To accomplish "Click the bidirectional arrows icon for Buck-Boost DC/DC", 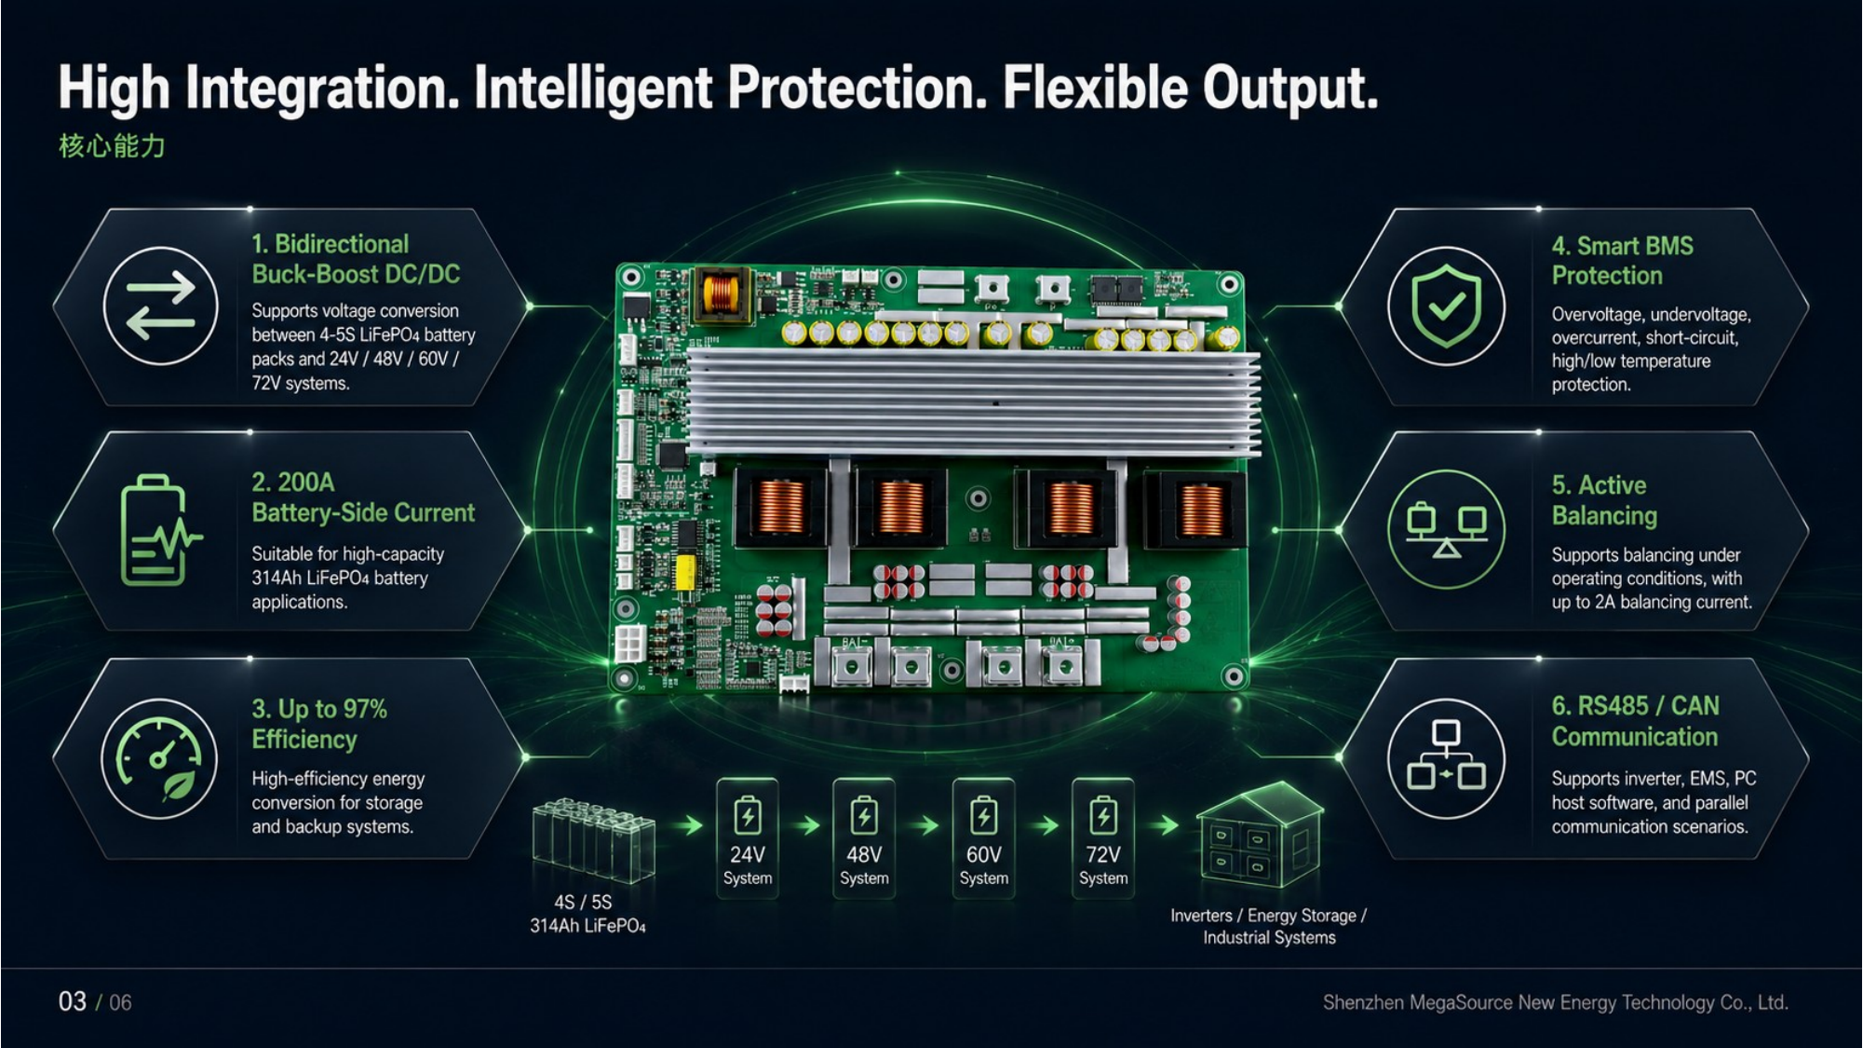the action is (x=161, y=306).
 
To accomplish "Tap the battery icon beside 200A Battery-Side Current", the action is (x=159, y=530).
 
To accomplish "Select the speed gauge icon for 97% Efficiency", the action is (x=160, y=758).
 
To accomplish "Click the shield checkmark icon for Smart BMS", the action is (x=1446, y=306).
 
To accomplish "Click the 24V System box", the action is (x=748, y=838).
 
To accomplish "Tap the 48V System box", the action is (x=864, y=838).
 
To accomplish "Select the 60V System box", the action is (x=983, y=838).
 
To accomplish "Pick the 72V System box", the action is (x=1103, y=838).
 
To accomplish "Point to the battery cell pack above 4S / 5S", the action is (x=594, y=840).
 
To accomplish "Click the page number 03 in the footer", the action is (x=73, y=1001).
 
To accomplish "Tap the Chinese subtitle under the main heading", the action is (x=112, y=146).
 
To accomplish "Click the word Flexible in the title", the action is (x=1094, y=88).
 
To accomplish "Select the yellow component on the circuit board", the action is (x=684, y=572).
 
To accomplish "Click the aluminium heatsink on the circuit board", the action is (x=973, y=403).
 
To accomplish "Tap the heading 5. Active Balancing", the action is (x=1604, y=500).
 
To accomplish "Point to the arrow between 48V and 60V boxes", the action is (x=924, y=825).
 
